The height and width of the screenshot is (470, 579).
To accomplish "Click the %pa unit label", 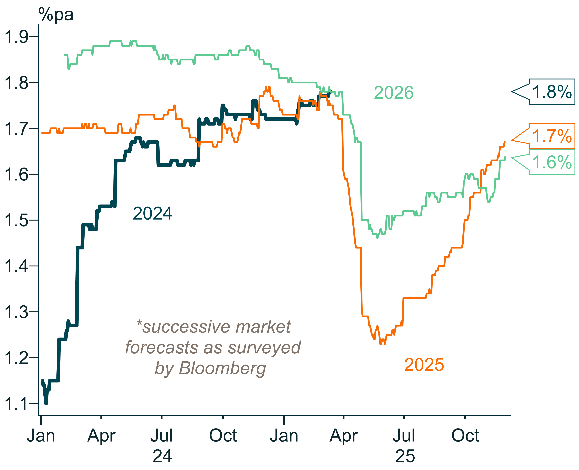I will [x=56, y=15].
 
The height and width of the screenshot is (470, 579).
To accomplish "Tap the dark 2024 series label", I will [x=152, y=214].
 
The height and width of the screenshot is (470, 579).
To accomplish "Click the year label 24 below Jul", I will [x=162, y=456].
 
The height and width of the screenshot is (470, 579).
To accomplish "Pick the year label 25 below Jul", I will [x=405, y=456].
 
